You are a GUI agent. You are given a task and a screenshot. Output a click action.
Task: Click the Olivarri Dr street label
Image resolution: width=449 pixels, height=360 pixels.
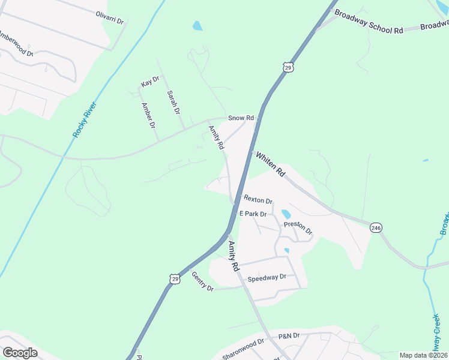pyautogui.click(x=109, y=17)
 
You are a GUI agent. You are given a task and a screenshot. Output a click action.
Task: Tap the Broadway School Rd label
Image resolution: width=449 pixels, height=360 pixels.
pyautogui.click(x=369, y=22)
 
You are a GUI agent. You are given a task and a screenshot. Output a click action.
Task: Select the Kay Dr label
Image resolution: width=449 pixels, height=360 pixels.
pyautogui.click(x=149, y=82)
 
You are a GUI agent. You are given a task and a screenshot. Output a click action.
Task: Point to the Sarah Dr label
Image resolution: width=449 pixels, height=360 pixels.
pyautogui.click(x=173, y=102)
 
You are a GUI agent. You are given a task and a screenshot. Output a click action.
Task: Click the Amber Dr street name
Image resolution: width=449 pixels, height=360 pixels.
pyautogui.click(x=148, y=115)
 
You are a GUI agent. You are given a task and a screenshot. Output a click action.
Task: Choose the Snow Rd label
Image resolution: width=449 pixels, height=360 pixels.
pyautogui.click(x=241, y=118)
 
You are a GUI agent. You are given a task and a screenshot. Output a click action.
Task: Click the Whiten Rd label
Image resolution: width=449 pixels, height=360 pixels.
pyautogui.click(x=271, y=164)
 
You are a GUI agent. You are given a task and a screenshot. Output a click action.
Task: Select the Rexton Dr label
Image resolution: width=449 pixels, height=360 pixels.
pyautogui.click(x=258, y=200)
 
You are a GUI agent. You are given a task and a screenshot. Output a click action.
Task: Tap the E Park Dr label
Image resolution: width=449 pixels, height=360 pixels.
pyautogui.click(x=253, y=214)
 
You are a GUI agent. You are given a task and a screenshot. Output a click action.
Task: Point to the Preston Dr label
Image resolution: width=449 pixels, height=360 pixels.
pyautogui.click(x=298, y=228)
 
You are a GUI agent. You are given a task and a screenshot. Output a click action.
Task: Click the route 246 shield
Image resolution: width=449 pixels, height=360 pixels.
pyautogui.click(x=376, y=228)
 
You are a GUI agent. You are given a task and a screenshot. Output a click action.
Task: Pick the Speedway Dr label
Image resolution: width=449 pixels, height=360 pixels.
pyautogui.click(x=267, y=277)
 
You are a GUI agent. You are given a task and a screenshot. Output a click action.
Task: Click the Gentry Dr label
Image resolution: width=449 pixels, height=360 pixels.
pyautogui.click(x=202, y=281)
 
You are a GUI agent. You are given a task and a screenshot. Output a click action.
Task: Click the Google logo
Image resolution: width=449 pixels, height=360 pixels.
pyautogui.click(x=20, y=352)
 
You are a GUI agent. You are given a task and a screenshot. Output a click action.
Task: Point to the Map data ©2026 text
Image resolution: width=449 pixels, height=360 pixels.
pyautogui.click(x=423, y=355)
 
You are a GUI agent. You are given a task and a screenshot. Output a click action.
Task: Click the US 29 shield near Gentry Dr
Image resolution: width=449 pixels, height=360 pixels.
pyautogui.click(x=174, y=279)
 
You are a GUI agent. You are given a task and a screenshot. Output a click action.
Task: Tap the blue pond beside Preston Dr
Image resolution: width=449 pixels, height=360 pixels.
pyautogui.click(x=286, y=214)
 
